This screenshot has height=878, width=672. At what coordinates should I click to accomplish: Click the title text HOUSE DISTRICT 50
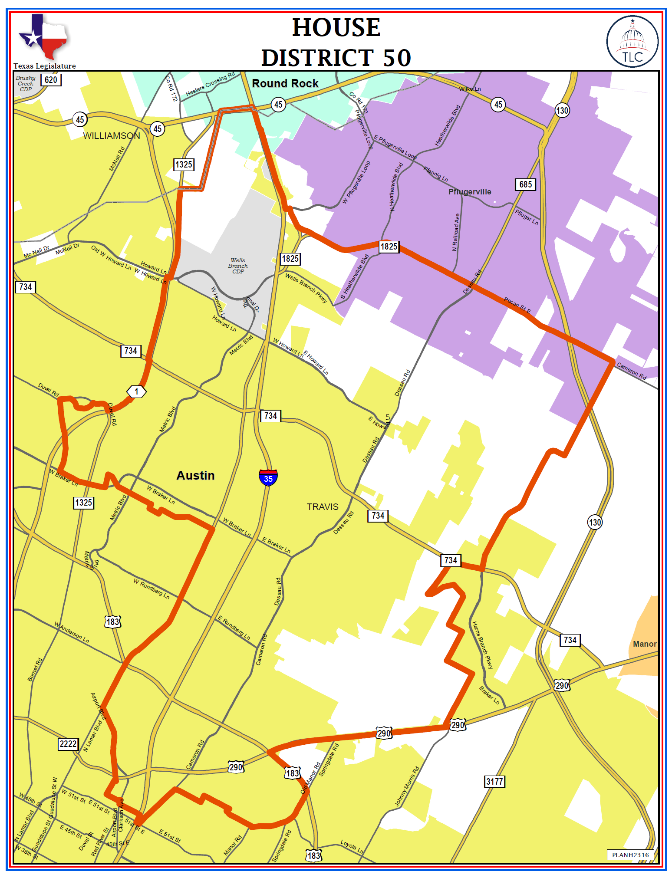336,43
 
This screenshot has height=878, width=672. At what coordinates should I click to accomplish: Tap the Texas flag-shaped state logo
43,37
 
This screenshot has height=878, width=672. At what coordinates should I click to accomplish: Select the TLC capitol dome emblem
632,42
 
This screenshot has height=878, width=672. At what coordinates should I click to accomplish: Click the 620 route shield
51,80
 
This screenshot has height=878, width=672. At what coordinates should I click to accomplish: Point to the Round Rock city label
285,83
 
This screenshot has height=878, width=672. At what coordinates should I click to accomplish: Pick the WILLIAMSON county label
112,136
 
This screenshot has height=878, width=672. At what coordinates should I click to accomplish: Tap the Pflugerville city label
470,192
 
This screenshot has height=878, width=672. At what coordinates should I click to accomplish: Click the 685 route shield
525,184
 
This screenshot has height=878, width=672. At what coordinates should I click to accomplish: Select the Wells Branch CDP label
238,266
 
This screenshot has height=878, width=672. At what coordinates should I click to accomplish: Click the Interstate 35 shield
268,477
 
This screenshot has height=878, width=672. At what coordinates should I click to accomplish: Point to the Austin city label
195,476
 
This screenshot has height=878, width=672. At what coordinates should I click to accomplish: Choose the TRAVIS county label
323,507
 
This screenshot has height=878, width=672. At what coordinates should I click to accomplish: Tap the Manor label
645,644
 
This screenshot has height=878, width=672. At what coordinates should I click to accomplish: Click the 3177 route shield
494,782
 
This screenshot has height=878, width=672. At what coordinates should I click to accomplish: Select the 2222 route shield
68,744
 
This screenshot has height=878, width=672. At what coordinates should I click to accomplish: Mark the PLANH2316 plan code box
630,855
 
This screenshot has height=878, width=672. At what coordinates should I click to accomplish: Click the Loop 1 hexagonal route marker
136,391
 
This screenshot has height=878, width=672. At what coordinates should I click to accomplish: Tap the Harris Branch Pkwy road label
483,645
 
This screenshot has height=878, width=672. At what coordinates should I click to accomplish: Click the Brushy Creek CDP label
26,83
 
